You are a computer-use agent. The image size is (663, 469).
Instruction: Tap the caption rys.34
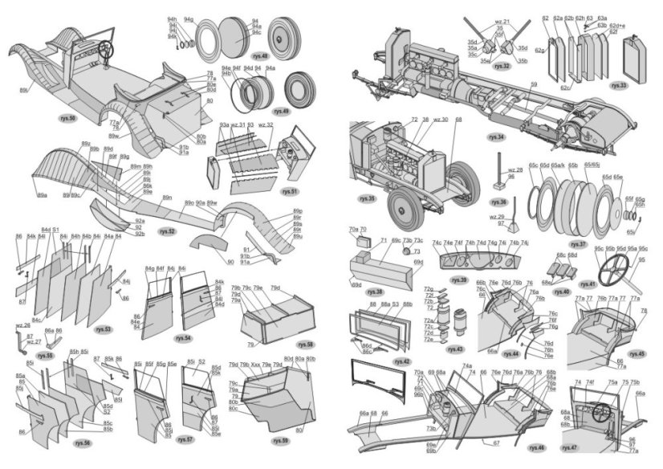[496, 137]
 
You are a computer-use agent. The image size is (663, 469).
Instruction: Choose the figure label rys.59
[280, 440]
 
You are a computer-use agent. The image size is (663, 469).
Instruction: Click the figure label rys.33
[619, 84]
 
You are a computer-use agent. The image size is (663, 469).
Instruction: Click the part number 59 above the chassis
[533, 83]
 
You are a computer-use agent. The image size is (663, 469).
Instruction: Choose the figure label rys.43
[455, 349]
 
